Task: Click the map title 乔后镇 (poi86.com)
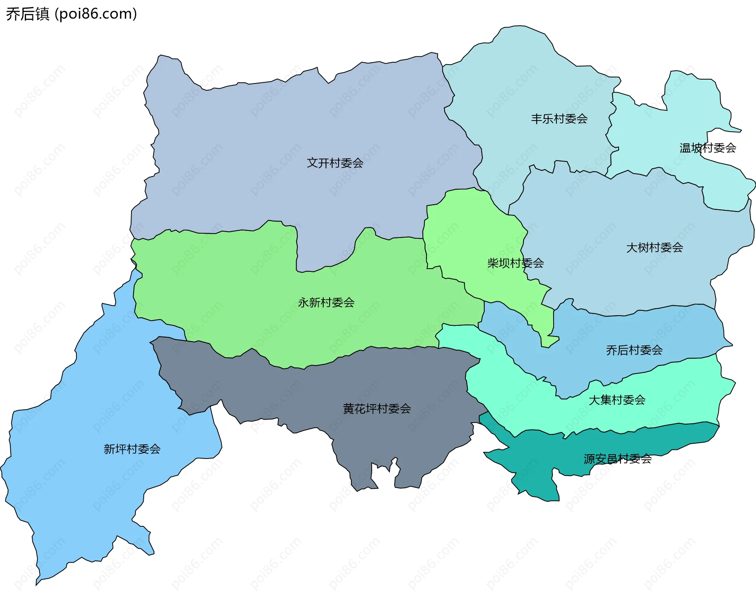(71, 14)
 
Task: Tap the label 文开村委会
(335, 163)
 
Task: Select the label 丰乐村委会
(559, 119)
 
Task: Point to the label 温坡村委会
(708, 148)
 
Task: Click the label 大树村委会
(654, 247)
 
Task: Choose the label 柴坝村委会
(515, 263)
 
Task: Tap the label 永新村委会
(326, 302)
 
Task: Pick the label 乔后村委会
(634, 350)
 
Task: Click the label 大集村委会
(617, 400)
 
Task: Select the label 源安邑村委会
(617, 459)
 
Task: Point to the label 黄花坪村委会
(377, 409)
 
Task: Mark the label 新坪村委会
(132, 449)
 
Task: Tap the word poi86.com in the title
(96, 14)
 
